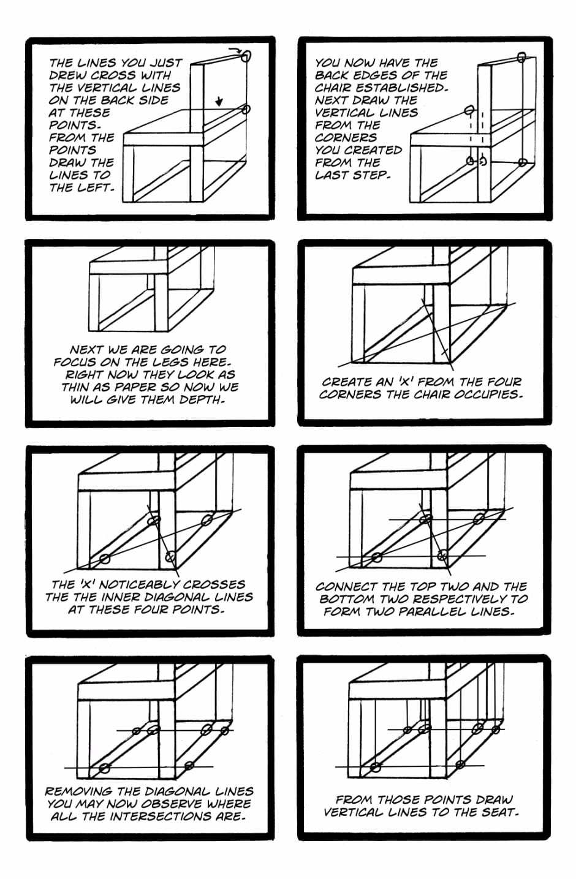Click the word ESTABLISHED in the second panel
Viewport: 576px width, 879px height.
click(405, 88)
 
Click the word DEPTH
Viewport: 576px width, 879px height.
click(202, 400)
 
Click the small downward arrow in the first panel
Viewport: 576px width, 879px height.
click(219, 100)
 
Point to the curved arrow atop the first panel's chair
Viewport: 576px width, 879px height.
click(235, 50)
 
